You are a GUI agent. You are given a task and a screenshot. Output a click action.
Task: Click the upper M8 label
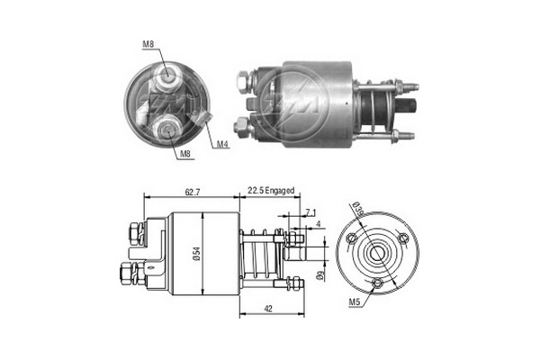pos(148,43)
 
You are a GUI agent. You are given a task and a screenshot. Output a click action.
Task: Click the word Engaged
pos(281,192)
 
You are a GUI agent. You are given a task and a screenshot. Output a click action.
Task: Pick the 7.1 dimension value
pos(311,212)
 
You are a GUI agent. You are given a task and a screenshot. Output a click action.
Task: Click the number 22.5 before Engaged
pos(256,192)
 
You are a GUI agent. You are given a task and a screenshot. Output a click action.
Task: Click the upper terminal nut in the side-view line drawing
pos(135,232)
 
